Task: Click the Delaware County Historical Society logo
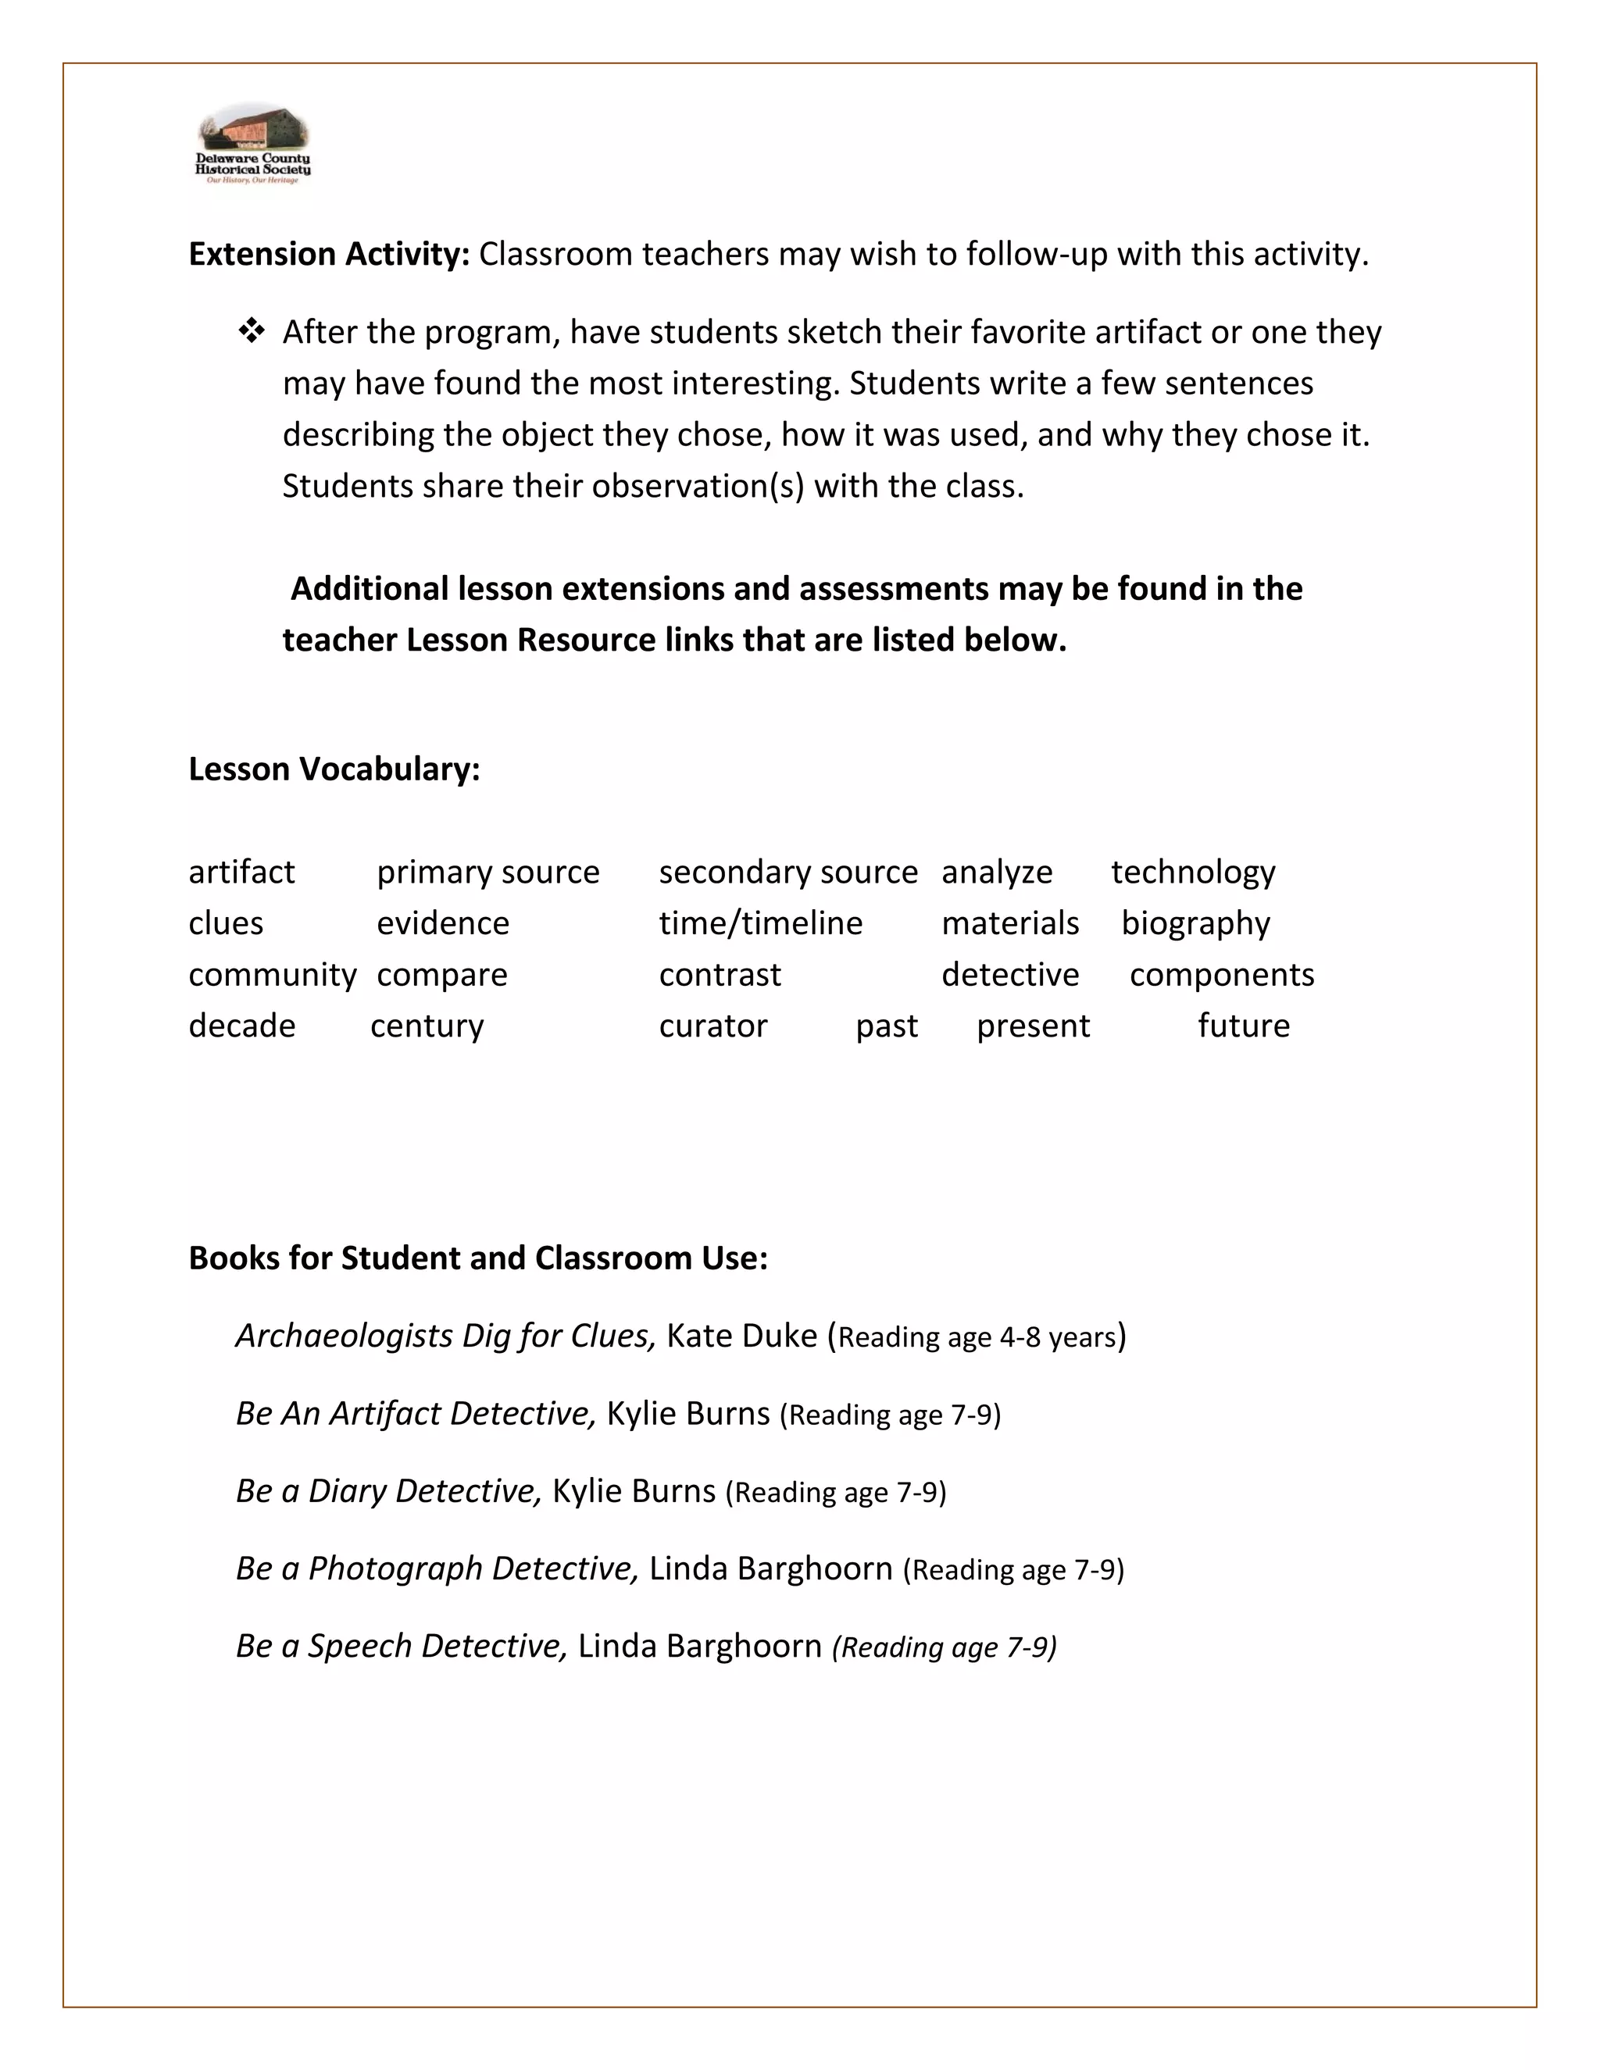click(x=252, y=144)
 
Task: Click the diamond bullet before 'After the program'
click(x=252, y=332)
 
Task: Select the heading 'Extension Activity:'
click(x=329, y=254)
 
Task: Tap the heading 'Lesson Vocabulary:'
click(x=334, y=769)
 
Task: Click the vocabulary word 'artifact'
click(x=241, y=872)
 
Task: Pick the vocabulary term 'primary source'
click(x=487, y=872)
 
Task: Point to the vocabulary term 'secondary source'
click(x=787, y=872)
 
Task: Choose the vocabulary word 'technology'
click(x=1192, y=872)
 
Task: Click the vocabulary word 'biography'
click(x=1195, y=923)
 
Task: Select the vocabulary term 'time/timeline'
click(x=760, y=923)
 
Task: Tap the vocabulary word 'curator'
click(x=712, y=1026)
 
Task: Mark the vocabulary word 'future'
click(x=1243, y=1026)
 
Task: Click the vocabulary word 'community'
click(x=272, y=974)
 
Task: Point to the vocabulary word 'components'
click(x=1221, y=974)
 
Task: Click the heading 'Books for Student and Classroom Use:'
click(x=477, y=1258)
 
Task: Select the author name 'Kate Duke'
click(x=741, y=1336)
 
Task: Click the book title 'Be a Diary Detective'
click(x=387, y=1491)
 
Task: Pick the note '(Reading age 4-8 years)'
click(x=977, y=1337)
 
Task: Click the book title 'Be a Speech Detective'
click(x=401, y=1647)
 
